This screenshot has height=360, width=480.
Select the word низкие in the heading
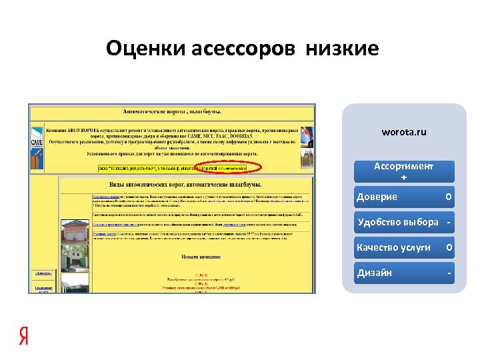pyautogui.click(x=343, y=48)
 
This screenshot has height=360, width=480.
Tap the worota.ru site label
pyautogui.click(x=403, y=132)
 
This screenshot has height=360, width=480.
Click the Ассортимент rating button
pyautogui.click(x=403, y=167)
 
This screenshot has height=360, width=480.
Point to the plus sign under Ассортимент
pyautogui.click(x=403, y=177)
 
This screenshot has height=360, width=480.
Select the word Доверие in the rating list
pyautogui.click(x=377, y=197)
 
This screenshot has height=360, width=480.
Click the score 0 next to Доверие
pyautogui.click(x=449, y=197)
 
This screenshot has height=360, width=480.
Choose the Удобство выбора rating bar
pyautogui.click(x=403, y=222)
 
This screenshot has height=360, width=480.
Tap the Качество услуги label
pyautogui.click(x=393, y=247)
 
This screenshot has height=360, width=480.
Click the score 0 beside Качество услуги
pyautogui.click(x=449, y=247)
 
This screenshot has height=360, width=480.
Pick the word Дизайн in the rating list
pyautogui.click(x=374, y=273)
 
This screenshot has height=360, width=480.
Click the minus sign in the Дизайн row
pyautogui.click(x=449, y=273)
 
